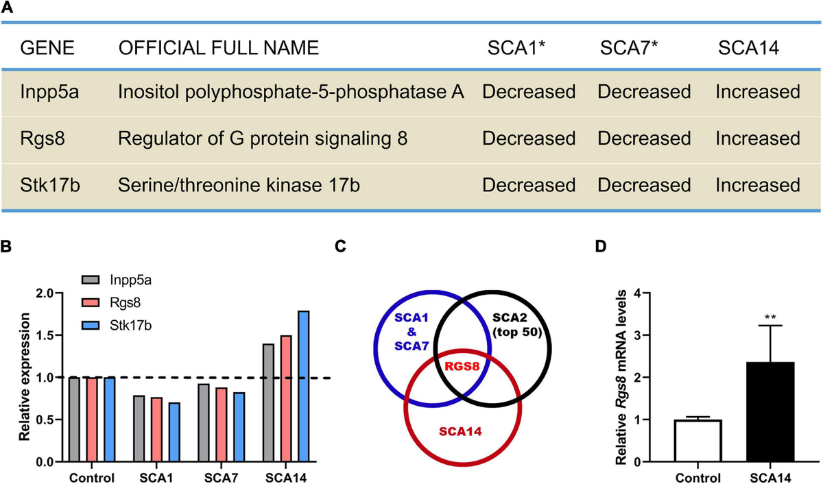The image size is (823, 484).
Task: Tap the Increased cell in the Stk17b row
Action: tap(758, 185)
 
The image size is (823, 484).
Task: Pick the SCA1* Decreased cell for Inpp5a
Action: tap(529, 92)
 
